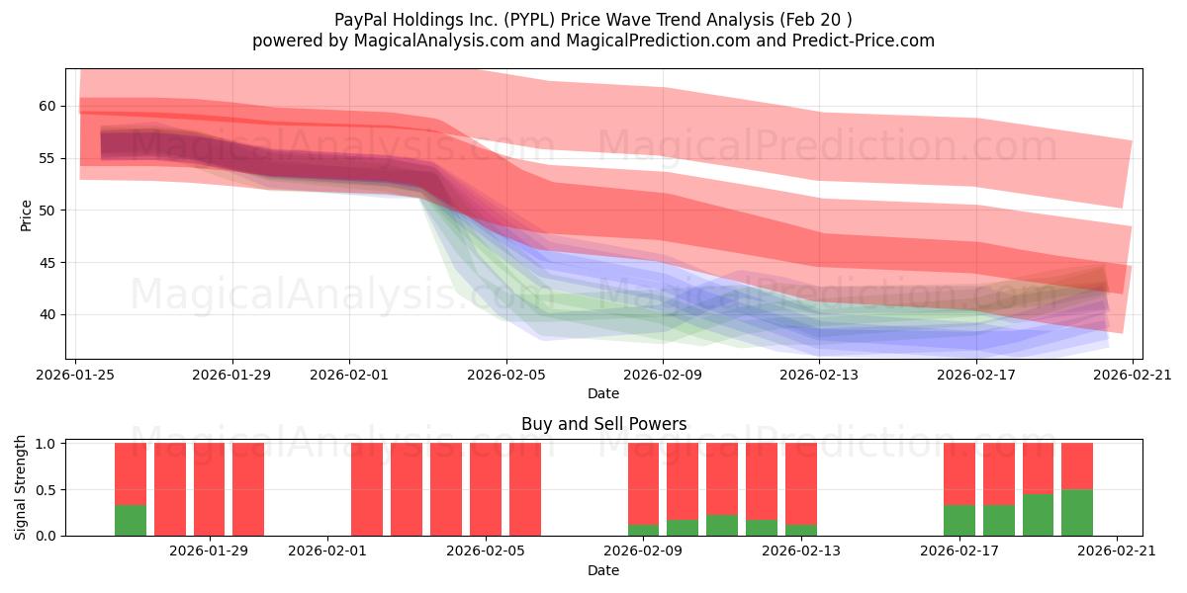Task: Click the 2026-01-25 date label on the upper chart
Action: [x=76, y=375]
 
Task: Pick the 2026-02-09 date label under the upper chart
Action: [x=663, y=375]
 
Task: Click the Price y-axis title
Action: [x=26, y=214]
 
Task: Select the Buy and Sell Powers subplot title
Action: [x=603, y=424]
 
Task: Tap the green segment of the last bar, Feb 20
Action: [x=1076, y=512]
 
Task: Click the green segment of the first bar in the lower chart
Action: [x=131, y=520]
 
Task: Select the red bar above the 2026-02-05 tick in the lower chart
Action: [x=486, y=489]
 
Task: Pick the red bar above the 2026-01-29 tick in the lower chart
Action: [x=209, y=489]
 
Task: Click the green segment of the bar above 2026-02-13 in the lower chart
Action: [x=800, y=530]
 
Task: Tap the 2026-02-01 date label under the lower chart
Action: [x=327, y=551]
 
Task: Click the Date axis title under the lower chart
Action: [x=603, y=570]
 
